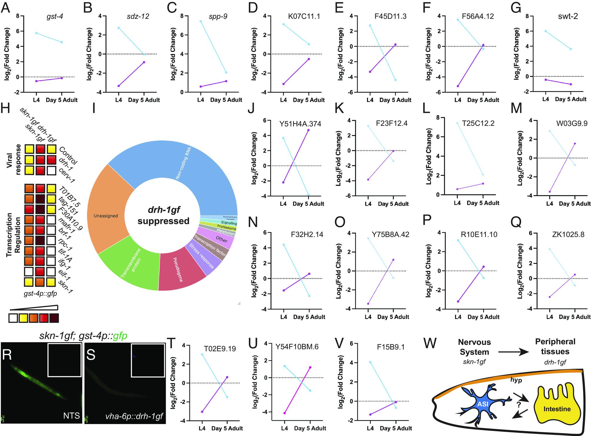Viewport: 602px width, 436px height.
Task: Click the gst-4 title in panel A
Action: pos(55,16)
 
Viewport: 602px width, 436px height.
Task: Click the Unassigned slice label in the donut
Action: pos(106,216)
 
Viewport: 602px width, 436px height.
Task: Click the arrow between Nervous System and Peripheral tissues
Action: pos(513,352)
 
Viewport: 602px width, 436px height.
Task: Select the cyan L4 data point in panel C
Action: pos(201,21)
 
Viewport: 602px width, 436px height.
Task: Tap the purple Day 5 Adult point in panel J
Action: pos(308,130)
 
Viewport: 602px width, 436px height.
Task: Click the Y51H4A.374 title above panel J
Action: pos(300,124)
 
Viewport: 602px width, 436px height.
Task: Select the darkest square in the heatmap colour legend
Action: pos(54,318)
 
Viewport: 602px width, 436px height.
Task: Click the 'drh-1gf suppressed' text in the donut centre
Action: pos(163,215)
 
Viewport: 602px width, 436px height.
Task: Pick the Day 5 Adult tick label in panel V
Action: pos(396,428)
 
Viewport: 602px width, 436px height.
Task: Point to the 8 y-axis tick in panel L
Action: pos(450,118)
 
